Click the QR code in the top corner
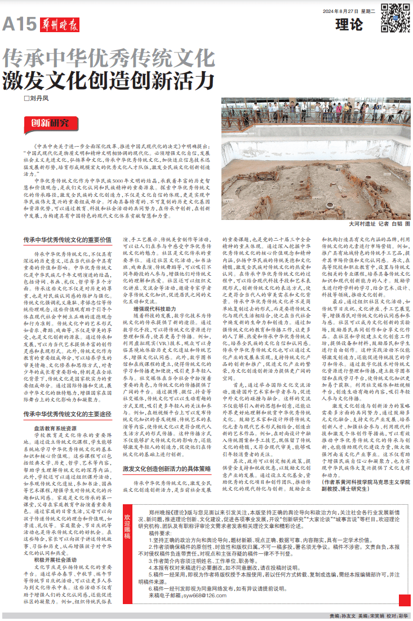(395, 17)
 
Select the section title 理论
(349, 25)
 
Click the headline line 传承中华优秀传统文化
(108, 58)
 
